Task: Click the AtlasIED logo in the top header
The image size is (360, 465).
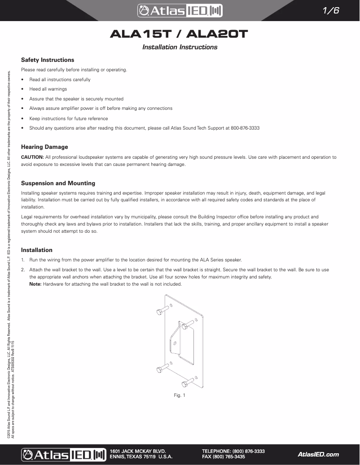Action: [x=180, y=10]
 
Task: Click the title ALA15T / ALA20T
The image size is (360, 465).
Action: [x=180, y=35]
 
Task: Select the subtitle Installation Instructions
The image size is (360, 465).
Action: [x=180, y=47]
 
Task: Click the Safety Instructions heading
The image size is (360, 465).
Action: [x=48, y=60]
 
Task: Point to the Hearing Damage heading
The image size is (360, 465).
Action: [x=44, y=147]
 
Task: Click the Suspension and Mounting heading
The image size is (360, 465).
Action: [x=58, y=183]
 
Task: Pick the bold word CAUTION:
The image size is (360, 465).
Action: [x=32, y=157]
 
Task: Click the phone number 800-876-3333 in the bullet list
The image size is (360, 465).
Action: [x=245, y=128]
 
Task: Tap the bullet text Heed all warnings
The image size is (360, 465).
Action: [x=48, y=89]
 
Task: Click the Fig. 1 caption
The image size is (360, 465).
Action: [x=180, y=395]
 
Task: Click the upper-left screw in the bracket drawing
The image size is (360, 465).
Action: [x=162, y=310]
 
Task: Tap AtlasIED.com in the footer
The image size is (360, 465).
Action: [x=318, y=454]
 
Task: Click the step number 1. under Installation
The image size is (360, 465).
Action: [x=23, y=260]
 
